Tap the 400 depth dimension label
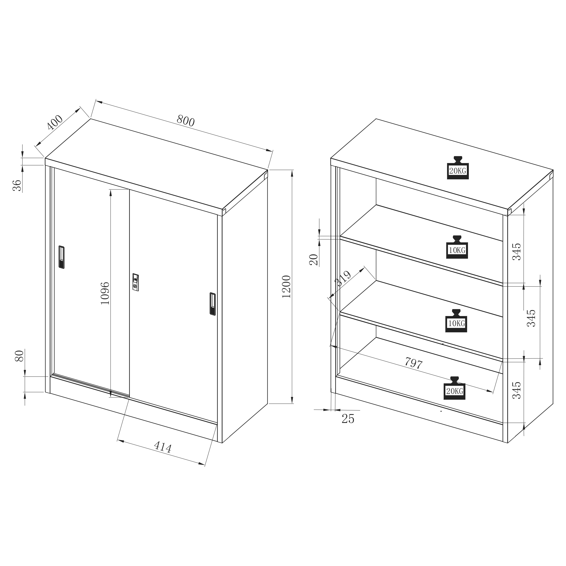55,123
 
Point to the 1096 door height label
105,293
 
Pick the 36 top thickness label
18,186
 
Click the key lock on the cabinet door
135,282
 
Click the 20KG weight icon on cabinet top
458,168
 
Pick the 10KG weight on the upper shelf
457,247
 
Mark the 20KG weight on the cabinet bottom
454,388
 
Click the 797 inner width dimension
414,363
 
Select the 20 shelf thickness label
313,260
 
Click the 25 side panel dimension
348,419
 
